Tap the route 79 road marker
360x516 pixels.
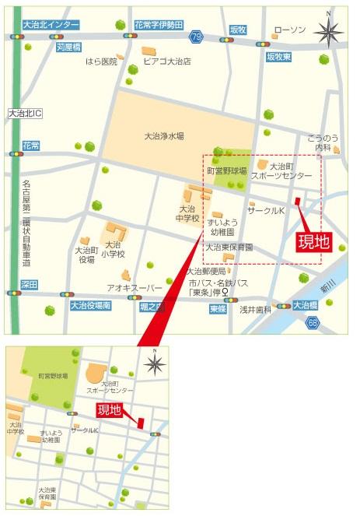click(x=197, y=37)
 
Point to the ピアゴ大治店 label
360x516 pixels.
click(x=166, y=61)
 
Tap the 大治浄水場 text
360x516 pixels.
click(x=164, y=135)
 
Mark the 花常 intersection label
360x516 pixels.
click(x=30, y=146)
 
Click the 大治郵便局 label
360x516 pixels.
click(x=205, y=272)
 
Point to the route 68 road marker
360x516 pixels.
click(x=313, y=322)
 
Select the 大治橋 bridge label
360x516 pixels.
click(x=305, y=305)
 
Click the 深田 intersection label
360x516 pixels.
click(x=30, y=284)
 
